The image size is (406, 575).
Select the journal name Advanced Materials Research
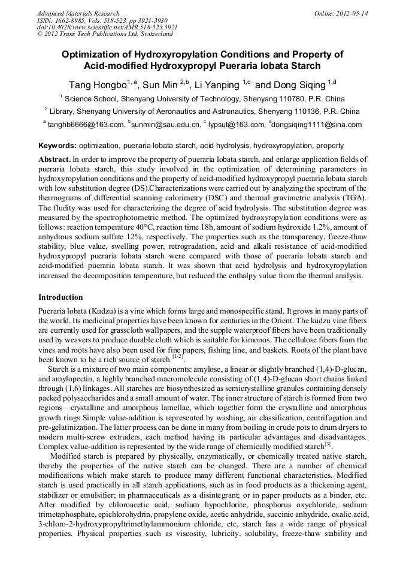click(78, 13)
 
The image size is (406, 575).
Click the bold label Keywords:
click(57, 145)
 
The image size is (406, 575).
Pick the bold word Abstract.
click(54, 159)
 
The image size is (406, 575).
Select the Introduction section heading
click(60, 297)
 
